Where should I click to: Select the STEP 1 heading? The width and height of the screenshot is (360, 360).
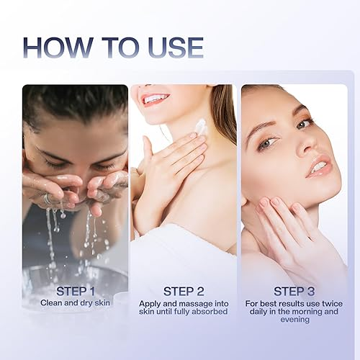coord(76,292)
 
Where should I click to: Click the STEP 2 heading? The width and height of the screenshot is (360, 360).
coord(184,292)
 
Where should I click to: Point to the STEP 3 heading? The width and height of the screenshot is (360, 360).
coord(294,292)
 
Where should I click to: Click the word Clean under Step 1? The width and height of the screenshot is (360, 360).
coord(51,303)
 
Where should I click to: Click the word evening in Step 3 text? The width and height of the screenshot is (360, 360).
coord(295,320)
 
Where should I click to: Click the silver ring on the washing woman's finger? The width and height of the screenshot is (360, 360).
coord(48,198)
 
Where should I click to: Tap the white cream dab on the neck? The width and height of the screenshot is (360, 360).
coord(201,127)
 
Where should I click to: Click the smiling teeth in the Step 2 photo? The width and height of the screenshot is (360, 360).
coord(156,99)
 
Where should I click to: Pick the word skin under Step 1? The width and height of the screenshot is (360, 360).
coord(102,303)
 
